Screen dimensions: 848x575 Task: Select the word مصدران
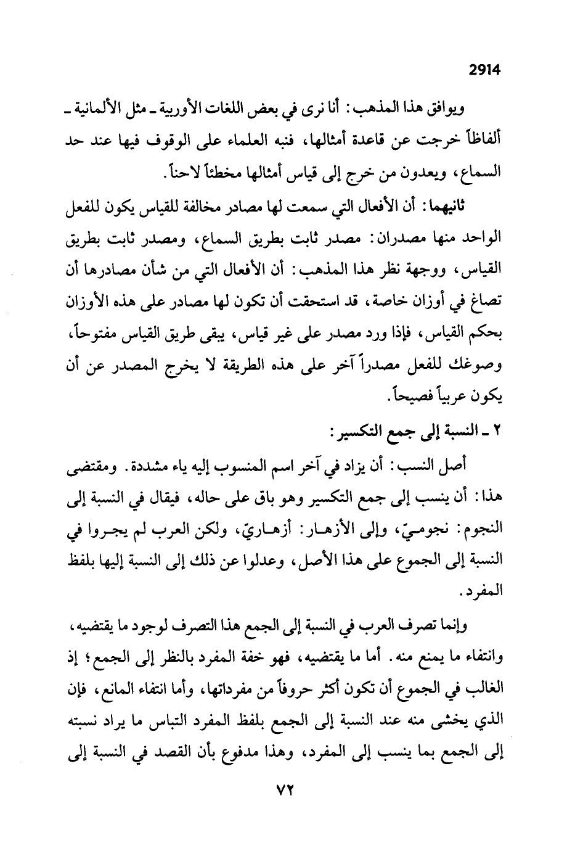click(422, 237)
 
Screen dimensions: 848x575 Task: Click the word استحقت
click(333, 300)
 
